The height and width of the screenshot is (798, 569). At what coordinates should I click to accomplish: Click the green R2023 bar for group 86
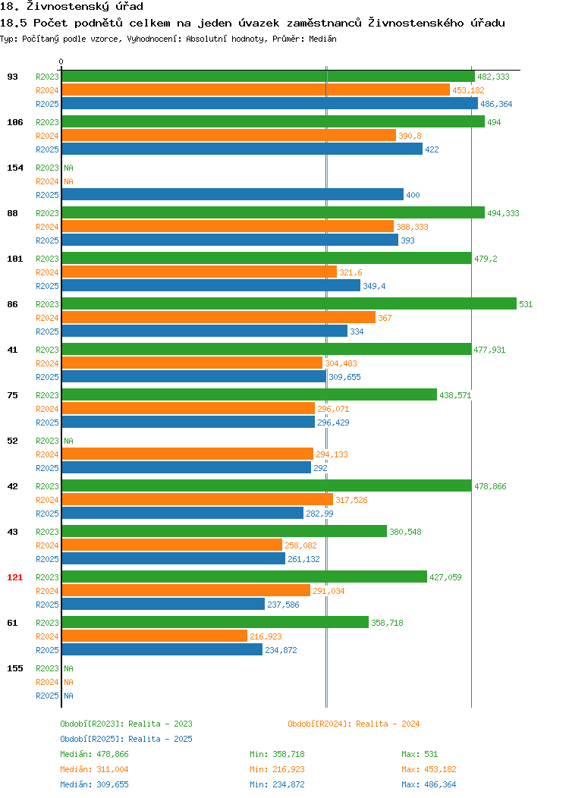tap(289, 304)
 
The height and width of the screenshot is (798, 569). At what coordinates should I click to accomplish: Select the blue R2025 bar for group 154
tap(233, 194)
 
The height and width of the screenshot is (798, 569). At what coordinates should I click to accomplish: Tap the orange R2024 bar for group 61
tap(155, 636)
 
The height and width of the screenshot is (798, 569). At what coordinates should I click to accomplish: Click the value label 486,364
tap(496, 104)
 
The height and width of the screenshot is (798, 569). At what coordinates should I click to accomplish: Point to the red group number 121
tap(14, 577)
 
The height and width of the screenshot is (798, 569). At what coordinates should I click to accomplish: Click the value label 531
tap(526, 304)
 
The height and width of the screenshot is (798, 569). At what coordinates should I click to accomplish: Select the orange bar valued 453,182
tap(256, 90)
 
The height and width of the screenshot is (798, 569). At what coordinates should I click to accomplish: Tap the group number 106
tap(14, 122)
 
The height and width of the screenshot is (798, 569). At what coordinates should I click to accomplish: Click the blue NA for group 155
tap(69, 696)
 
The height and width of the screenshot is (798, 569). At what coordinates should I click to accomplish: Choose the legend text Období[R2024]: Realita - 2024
tap(354, 724)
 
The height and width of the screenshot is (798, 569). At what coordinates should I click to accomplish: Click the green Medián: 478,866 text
tap(94, 754)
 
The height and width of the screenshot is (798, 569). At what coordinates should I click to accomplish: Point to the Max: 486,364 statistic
tap(429, 785)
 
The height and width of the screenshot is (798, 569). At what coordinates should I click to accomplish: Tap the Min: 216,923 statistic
tap(277, 769)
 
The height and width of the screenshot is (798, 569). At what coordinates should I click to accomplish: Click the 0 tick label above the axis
tap(61, 61)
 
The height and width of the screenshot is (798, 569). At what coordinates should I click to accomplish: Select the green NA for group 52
tap(69, 441)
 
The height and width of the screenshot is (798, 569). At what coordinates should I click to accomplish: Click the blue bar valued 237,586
tap(163, 604)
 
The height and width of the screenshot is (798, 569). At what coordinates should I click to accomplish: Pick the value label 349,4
tap(374, 286)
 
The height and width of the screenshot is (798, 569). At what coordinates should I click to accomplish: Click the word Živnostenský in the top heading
tap(68, 6)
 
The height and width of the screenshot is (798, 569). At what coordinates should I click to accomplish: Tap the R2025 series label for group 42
tap(47, 514)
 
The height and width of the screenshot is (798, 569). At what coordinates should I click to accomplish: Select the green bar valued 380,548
tap(225, 531)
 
